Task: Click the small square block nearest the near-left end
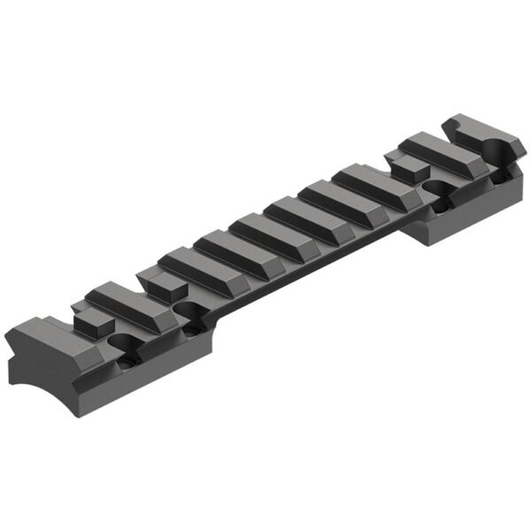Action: (x=88, y=322)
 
